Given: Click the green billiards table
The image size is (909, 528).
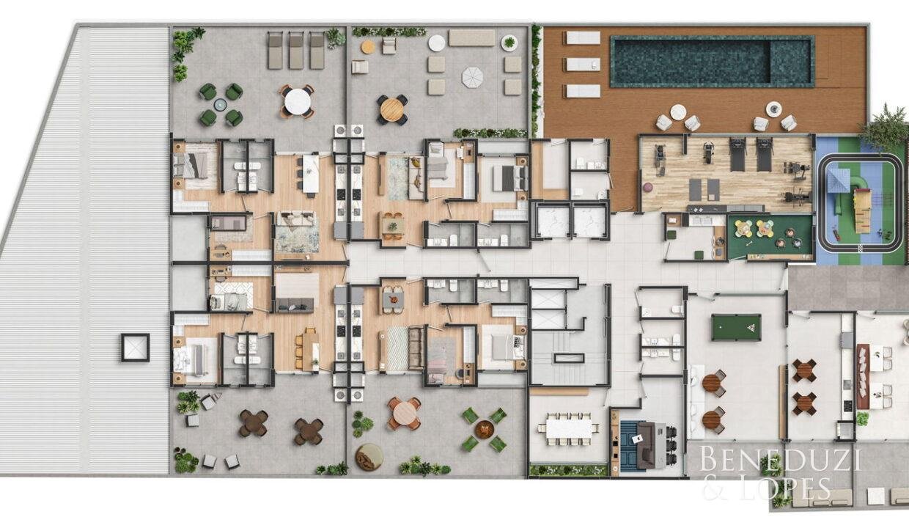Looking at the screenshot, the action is click(736, 328).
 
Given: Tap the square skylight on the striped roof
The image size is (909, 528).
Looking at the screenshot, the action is click(135, 348).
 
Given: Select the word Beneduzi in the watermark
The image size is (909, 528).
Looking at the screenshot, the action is click(779, 458).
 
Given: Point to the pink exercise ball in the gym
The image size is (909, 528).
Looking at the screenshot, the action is click(648, 188).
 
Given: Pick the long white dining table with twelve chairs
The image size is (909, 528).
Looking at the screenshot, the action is click(569, 428).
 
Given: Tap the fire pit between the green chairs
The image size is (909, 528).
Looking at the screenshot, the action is click(484, 430).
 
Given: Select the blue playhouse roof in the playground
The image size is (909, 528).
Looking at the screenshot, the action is click(839, 180).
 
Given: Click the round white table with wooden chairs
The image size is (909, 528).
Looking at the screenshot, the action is click(298, 102).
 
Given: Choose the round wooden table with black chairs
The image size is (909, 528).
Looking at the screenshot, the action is click(392, 109).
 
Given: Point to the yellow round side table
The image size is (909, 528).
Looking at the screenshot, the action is click(368, 47).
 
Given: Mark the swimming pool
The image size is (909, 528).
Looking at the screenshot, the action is click(713, 62).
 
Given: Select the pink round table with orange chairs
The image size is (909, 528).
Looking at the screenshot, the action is click(404, 413).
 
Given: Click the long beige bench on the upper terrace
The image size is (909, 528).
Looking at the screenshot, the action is click(471, 37).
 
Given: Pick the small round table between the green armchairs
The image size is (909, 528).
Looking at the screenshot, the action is click(221, 105).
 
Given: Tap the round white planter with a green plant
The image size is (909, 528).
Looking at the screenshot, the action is click(509, 43).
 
